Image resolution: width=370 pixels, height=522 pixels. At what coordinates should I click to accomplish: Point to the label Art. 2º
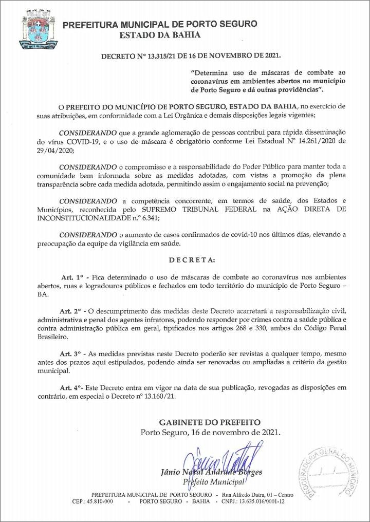[70, 311]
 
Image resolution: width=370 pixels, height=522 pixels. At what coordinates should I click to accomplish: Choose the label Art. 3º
[70, 354]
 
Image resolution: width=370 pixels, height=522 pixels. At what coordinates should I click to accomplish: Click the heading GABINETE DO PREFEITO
[210, 422]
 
